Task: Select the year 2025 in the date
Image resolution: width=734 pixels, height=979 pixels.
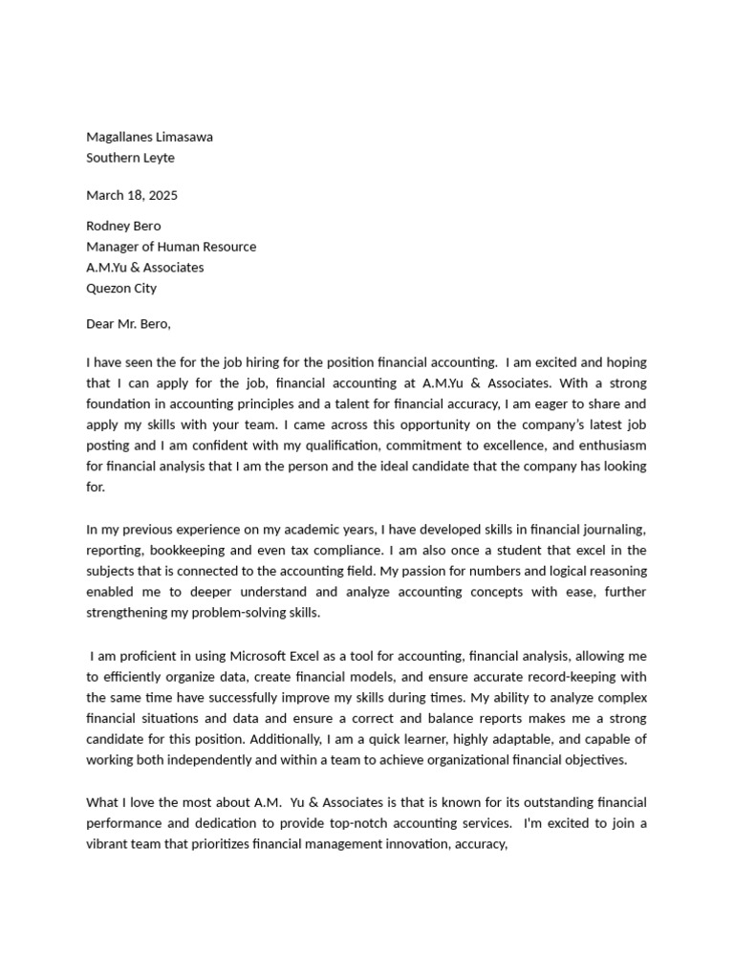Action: click(x=161, y=195)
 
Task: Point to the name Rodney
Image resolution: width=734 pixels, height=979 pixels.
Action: click(x=108, y=226)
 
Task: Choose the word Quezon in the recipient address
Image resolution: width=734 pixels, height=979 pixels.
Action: click(x=108, y=288)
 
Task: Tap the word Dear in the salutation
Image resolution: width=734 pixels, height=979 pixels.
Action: click(x=101, y=323)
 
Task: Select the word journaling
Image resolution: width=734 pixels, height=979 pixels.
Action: click(x=611, y=529)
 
